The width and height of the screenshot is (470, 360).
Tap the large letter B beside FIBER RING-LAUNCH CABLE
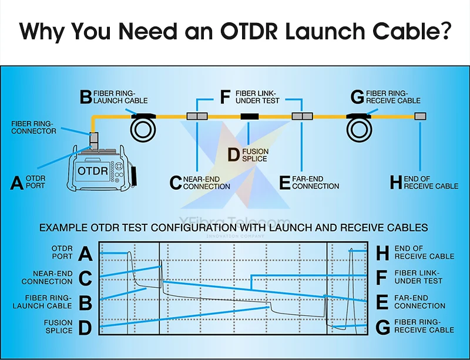[x=86, y=96]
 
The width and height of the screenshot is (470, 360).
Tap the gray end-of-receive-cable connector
[x=420, y=116]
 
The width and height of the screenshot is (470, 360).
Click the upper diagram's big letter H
[x=396, y=183]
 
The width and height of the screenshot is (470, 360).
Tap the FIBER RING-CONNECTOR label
[x=34, y=127]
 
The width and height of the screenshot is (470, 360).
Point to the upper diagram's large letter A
[x=18, y=183]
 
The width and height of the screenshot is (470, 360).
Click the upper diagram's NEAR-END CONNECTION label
[x=206, y=183]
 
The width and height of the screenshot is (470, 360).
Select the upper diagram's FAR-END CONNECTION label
[x=315, y=183]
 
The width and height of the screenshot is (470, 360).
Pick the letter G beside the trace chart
[x=382, y=327]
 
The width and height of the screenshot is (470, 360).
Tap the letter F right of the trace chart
[x=382, y=277]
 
